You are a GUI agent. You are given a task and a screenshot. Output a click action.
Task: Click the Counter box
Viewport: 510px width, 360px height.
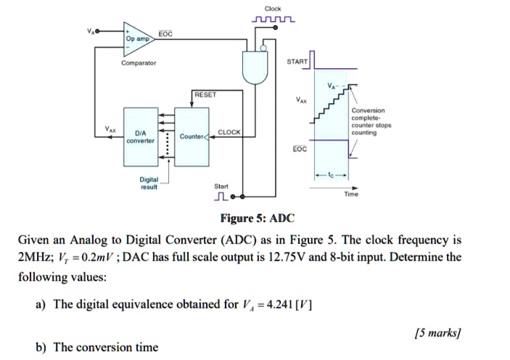(192, 136)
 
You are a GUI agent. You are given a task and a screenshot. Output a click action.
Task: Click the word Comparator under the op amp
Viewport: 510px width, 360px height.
(139, 62)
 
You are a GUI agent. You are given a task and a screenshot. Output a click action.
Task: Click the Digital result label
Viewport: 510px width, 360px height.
(149, 181)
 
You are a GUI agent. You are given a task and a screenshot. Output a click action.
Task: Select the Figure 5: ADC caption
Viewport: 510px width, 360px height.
(258, 218)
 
